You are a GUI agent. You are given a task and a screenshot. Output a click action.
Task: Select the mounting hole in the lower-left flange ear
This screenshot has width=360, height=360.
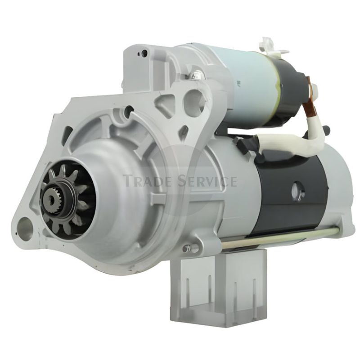(24, 225)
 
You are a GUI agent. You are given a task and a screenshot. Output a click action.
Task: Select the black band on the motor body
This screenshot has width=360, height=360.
(287, 193)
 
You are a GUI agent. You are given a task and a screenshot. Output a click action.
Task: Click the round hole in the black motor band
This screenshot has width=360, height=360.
(298, 190)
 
